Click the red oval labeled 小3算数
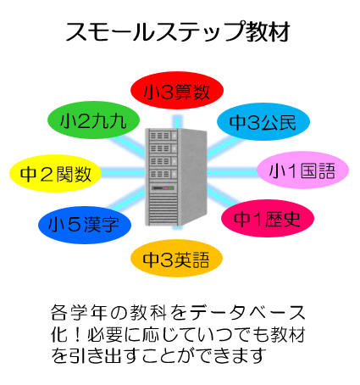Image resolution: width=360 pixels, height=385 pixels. pos(177,91)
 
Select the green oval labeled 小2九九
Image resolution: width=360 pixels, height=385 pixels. pos(93,120)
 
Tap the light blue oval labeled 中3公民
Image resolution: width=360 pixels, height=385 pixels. pos(263,121)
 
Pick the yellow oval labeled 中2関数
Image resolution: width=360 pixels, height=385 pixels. pos(56,173)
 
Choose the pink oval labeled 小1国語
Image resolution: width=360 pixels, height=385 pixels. pos(302,170)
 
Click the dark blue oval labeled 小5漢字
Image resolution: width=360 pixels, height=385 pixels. pos(85,225)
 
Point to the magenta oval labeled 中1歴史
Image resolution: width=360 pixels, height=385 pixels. pos(268,218)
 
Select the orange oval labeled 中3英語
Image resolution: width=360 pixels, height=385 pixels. pos(176,259)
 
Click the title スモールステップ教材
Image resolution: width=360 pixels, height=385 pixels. pos(178,31)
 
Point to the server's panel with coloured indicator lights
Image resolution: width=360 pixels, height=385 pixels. pos(163,188)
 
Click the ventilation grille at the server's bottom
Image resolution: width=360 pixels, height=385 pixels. pos(163,209)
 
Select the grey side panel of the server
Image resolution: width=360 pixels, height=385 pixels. pos(193,176)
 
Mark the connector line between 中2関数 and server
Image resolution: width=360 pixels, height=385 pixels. pos(124,172)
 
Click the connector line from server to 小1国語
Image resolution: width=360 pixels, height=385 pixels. pos(232,172)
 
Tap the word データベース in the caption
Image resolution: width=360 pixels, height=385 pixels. pos(247,313)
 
